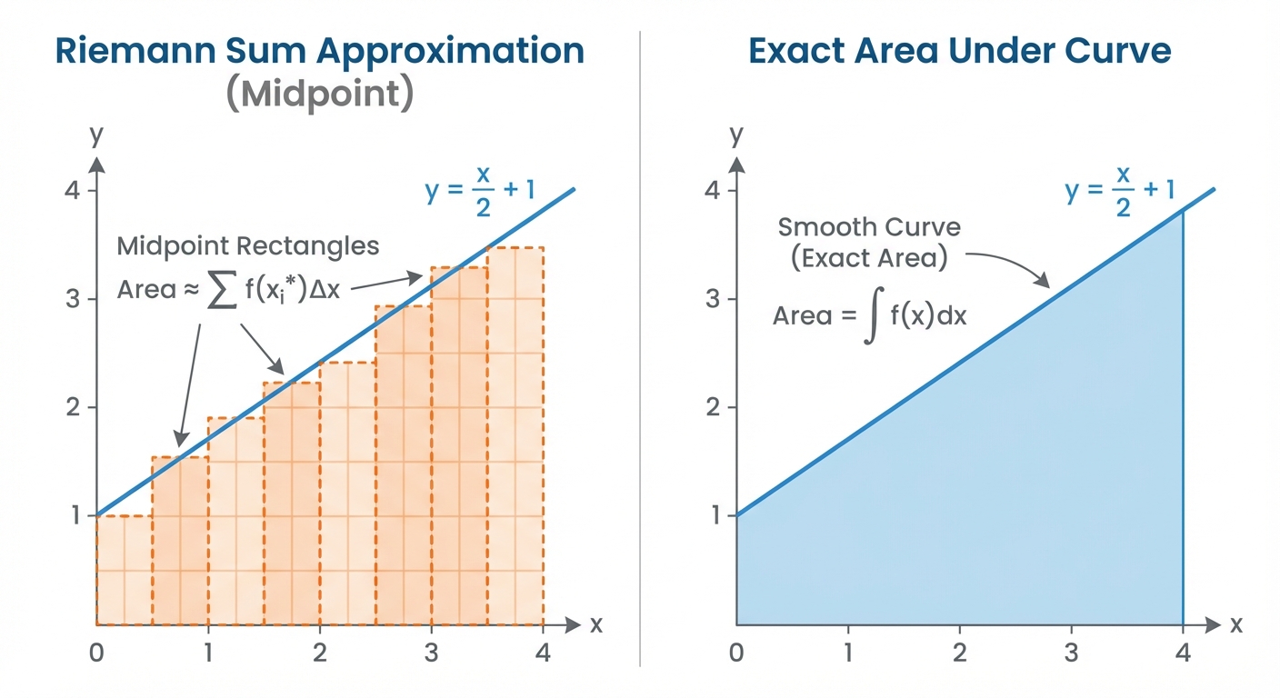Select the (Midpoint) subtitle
pos(320,95)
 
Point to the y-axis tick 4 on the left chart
pos(72,191)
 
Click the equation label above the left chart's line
pos(482,192)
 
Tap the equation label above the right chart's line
pos(1121,192)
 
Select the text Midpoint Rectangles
pos(248,245)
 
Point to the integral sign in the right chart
pos(872,317)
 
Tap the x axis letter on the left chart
pos(596,624)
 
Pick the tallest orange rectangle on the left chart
pos(515,436)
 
